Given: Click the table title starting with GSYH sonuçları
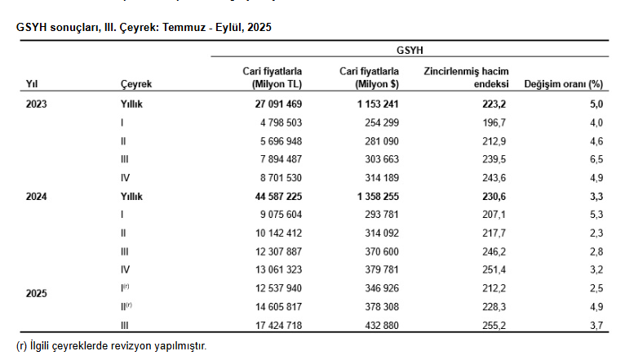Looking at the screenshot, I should tap(144, 27).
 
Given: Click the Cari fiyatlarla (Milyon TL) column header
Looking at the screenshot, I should tap(273, 78).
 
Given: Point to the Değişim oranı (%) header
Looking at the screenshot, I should tap(563, 84).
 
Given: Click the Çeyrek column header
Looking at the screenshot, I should tap(135, 84).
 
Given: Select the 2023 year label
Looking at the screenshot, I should tap(37, 104).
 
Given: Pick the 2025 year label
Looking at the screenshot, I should tap(37, 293).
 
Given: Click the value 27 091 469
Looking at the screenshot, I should tap(273, 104).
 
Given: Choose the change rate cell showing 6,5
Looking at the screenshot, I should tap(596, 160).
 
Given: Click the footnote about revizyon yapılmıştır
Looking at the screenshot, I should tap(112, 346).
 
